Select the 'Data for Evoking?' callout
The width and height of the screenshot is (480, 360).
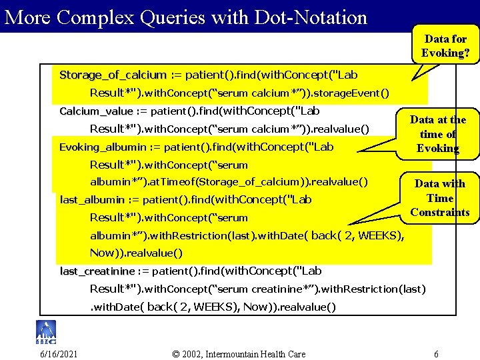[x=445, y=46]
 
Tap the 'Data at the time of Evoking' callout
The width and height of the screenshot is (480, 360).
[x=437, y=134]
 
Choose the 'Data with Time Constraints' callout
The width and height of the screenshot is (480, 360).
[x=439, y=198]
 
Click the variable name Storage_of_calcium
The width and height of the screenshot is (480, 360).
[x=113, y=75]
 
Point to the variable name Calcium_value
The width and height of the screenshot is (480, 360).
[x=96, y=111]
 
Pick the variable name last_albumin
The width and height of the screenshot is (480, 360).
[x=92, y=199]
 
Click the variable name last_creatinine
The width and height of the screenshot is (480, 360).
[x=97, y=271]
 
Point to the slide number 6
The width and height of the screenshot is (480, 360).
[x=436, y=353]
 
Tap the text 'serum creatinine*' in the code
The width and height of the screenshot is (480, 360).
[x=263, y=289]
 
